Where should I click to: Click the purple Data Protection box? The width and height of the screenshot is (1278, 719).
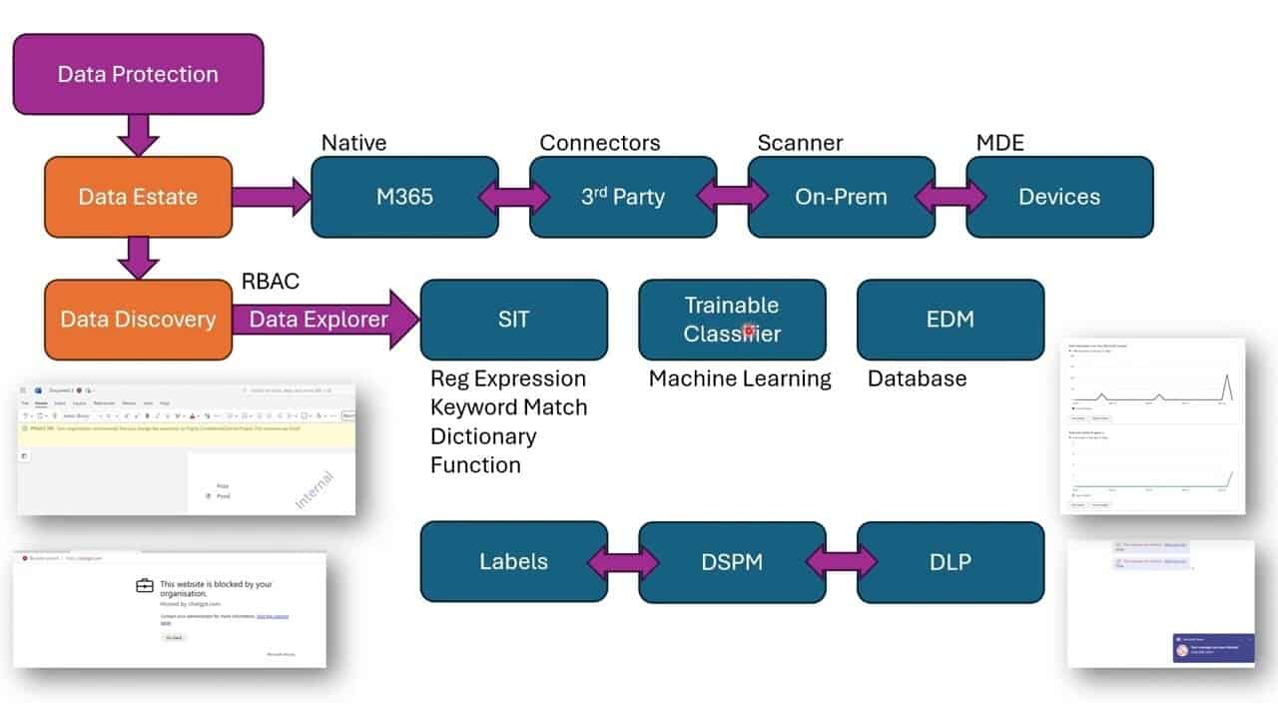click(x=138, y=74)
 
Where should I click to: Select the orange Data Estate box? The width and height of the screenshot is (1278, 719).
click(x=138, y=197)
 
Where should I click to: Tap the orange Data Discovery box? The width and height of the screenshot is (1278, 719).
click(x=138, y=320)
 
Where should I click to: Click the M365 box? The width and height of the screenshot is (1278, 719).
click(x=404, y=197)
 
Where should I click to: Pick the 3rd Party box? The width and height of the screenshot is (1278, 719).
click(x=623, y=197)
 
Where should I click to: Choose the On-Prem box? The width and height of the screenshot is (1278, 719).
click(x=841, y=197)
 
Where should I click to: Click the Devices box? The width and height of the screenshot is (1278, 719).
click(x=1059, y=197)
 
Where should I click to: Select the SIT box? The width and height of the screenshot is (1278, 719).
click(x=513, y=320)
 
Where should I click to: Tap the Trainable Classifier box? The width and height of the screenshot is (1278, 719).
click(x=732, y=320)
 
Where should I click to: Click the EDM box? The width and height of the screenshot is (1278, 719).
click(x=951, y=320)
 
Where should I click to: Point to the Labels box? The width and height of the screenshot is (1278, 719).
click(x=513, y=562)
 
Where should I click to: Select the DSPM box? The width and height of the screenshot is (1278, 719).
click(x=732, y=562)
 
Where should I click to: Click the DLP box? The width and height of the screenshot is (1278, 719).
click(x=951, y=562)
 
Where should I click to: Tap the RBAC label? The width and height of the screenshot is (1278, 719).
click(x=271, y=282)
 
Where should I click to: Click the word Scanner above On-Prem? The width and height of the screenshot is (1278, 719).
click(x=800, y=143)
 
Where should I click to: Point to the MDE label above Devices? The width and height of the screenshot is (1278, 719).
click(x=999, y=143)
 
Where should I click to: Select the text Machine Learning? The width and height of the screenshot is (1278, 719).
click(x=740, y=378)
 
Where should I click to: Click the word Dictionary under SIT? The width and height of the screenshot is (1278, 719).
click(x=483, y=436)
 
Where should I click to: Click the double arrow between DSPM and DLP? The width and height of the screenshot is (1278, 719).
click(x=841, y=562)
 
